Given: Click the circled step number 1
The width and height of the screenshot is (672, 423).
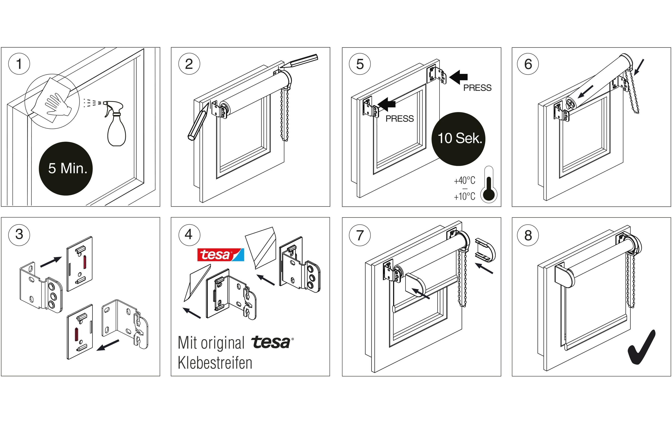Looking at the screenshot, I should (19, 64).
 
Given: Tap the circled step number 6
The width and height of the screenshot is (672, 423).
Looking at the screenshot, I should (528, 64).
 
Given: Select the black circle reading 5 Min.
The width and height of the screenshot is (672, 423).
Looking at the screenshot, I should (66, 168).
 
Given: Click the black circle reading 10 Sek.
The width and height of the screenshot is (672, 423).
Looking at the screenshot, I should (459, 138).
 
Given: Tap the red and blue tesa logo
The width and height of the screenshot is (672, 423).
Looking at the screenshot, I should (220, 255).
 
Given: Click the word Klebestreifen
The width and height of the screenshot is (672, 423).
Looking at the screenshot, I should (215, 363).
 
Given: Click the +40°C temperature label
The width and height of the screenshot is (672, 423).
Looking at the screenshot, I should (464, 181).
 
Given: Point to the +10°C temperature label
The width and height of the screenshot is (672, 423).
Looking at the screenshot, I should (464, 196).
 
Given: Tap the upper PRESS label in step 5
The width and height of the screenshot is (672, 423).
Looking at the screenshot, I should (477, 88).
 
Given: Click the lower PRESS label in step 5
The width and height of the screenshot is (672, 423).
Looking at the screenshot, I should (400, 119).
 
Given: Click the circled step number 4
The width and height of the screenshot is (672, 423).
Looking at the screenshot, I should (189, 234).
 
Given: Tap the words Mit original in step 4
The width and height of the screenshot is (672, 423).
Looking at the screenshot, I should (211, 343).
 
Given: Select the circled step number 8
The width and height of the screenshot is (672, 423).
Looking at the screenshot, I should (528, 235).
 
